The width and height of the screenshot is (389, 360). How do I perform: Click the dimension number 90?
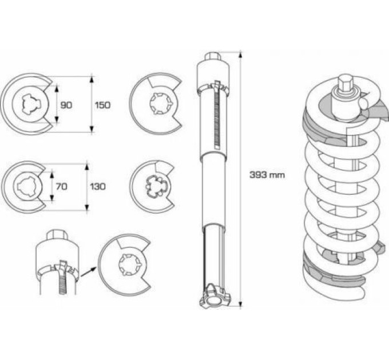(x=66, y=105)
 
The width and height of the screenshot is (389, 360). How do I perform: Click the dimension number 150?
(x=103, y=105)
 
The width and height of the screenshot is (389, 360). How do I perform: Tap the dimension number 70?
(x=62, y=186)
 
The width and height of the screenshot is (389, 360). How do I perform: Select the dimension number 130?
(x=98, y=186)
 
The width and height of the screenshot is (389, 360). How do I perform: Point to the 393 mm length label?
(x=267, y=175)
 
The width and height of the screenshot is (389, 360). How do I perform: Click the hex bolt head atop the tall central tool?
(x=213, y=56)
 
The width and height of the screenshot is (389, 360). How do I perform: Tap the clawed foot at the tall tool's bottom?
(x=215, y=297)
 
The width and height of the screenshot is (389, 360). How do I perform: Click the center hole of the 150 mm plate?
(x=30, y=104)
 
